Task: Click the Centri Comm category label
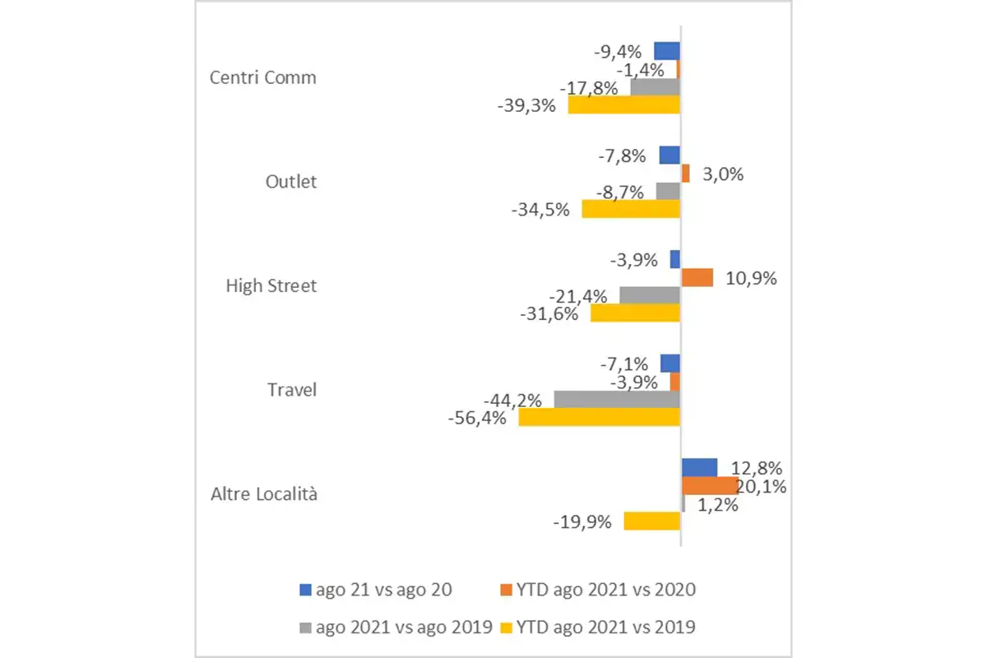pyautogui.click(x=263, y=78)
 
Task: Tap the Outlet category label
pyautogui.click(x=290, y=182)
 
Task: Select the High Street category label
pyautogui.click(x=271, y=286)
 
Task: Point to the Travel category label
pyautogui.click(x=292, y=390)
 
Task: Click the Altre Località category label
pyautogui.click(x=264, y=494)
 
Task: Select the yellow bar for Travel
pyautogui.click(x=599, y=417)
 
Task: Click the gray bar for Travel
pyautogui.click(x=617, y=399)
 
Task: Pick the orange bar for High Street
pyautogui.click(x=697, y=278)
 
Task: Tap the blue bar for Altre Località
pyautogui.click(x=698, y=467)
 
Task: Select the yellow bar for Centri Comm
pyautogui.click(x=623, y=104)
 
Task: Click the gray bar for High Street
pyautogui.click(x=649, y=294)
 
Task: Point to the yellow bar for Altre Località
pyautogui.click(x=651, y=521)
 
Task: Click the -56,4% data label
pyautogui.click(x=476, y=419)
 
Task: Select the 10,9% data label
pyautogui.click(x=751, y=279)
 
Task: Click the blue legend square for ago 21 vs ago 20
pyautogui.click(x=305, y=589)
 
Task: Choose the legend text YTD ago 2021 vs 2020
pyautogui.click(x=606, y=589)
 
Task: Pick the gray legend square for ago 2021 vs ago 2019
pyautogui.click(x=305, y=628)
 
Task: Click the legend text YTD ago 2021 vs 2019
pyautogui.click(x=606, y=628)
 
